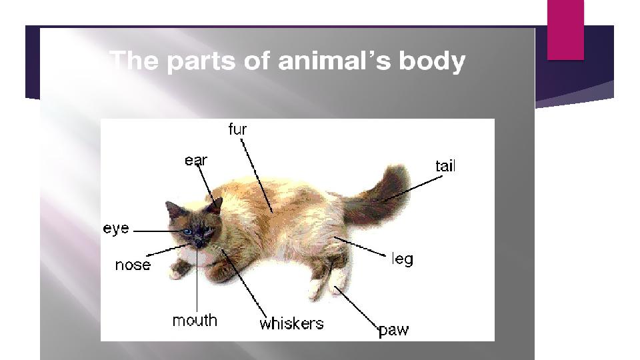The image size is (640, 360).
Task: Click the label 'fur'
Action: tap(237, 129)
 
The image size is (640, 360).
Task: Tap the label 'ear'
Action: tap(196, 161)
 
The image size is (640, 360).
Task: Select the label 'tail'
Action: tap(445, 166)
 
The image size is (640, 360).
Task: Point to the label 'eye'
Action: tap(116, 228)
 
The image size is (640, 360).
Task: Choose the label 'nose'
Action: tap(133, 265)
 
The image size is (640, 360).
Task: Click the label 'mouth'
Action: tap(195, 321)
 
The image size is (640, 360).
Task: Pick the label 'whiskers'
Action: tap(291, 324)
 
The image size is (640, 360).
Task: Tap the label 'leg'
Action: tap(403, 259)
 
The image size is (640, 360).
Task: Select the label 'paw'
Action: tap(394, 330)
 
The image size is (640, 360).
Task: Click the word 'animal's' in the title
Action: tap(335, 61)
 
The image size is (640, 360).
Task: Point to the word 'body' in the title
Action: tap(432, 61)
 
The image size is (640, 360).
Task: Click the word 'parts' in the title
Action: tap(201, 61)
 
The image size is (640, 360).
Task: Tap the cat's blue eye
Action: tap(187, 232)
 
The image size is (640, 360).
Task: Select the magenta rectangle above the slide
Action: tap(566, 30)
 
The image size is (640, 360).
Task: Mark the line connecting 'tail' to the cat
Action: tap(412, 189)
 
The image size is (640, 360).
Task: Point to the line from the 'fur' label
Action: tap(256, 176)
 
